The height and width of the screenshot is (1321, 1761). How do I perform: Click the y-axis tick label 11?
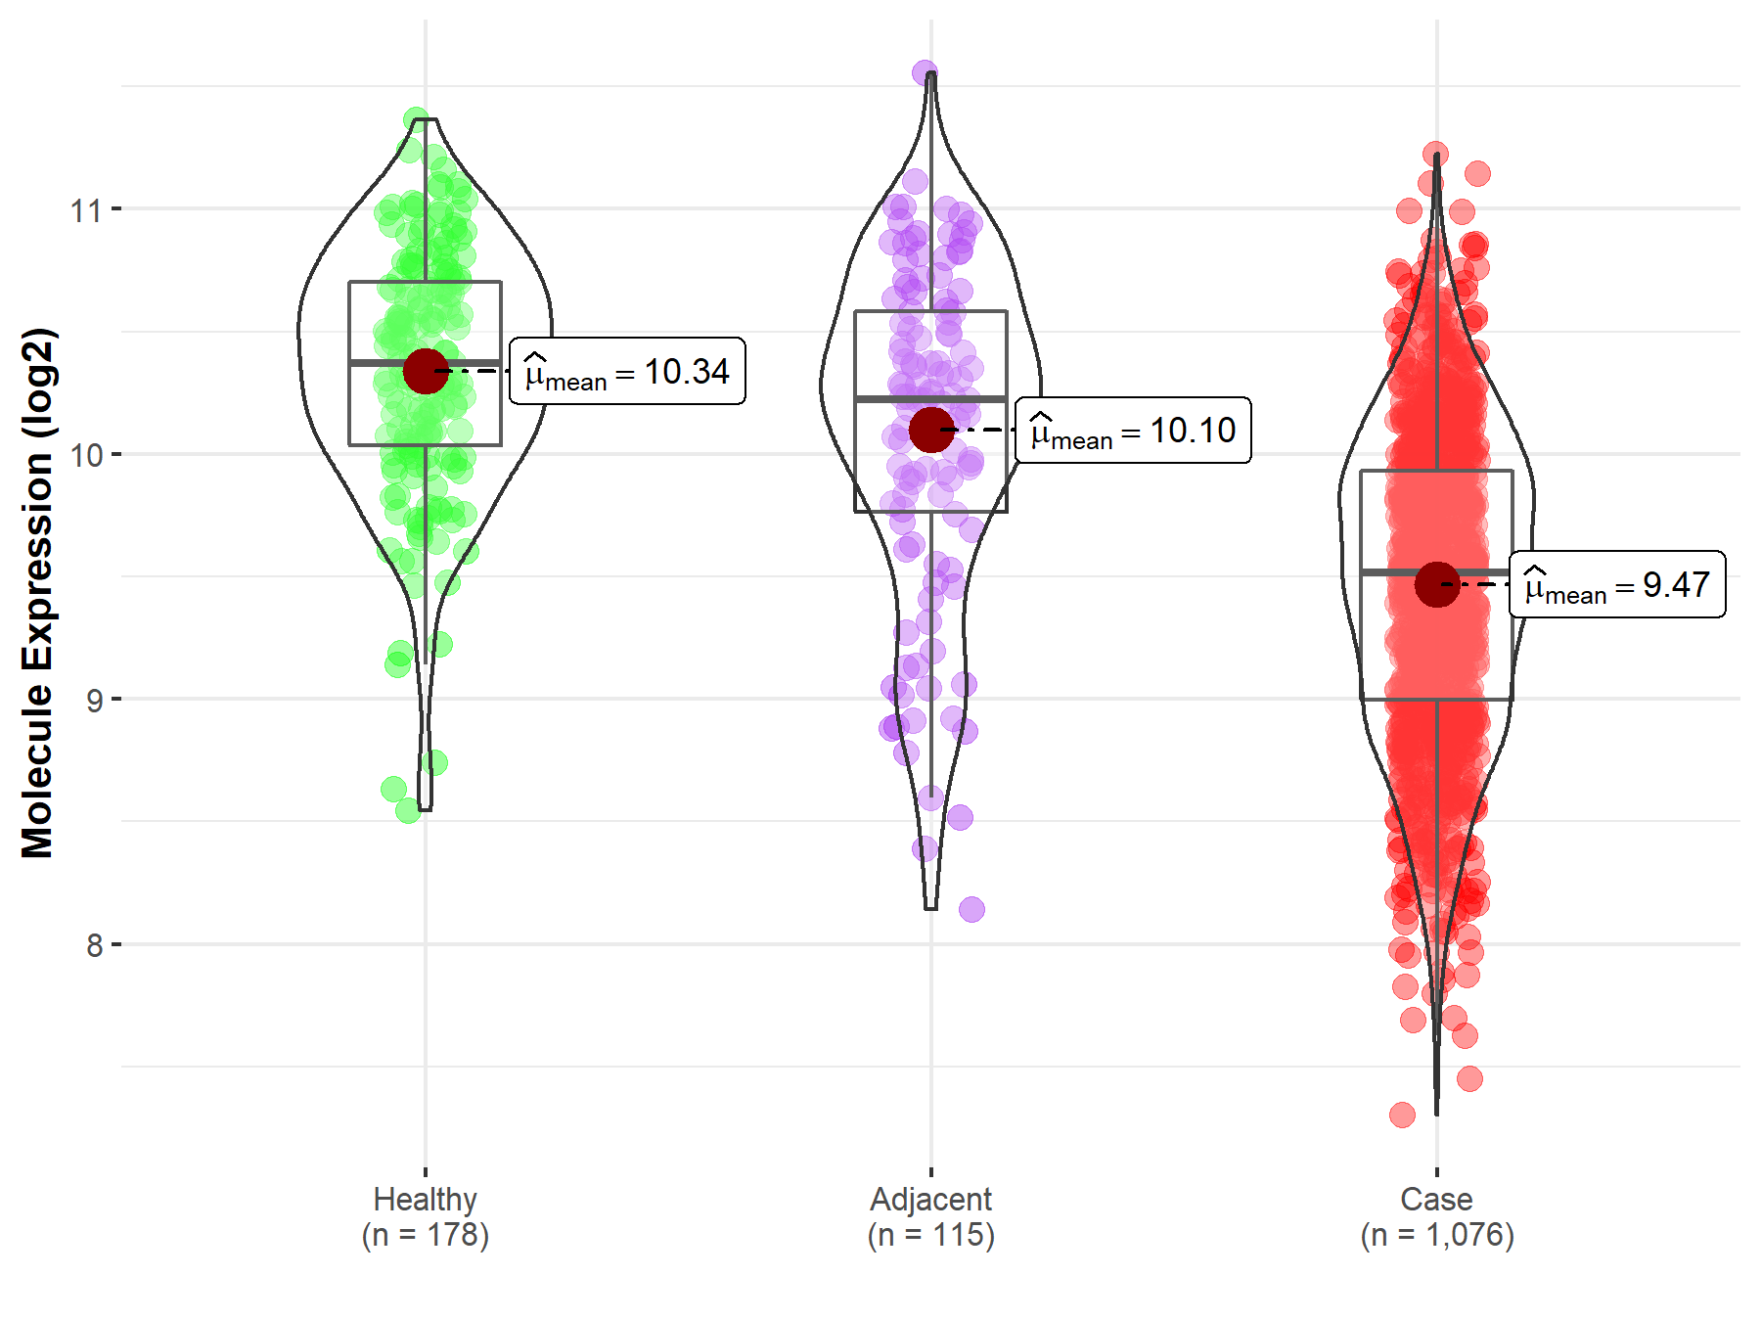coord(85,210)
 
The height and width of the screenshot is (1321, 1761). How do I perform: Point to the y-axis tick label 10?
coord(85,455)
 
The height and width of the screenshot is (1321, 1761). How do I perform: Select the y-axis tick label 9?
coord(94,701)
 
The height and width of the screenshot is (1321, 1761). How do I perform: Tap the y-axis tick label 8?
coord(94,946)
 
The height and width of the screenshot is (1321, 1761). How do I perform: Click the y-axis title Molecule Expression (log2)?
coord(37,593)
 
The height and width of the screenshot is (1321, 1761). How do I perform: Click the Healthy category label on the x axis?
coord(425,1199)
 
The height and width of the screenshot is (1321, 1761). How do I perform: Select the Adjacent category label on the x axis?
coord(930,1199)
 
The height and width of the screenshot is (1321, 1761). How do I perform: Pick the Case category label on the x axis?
coord(1436,1199)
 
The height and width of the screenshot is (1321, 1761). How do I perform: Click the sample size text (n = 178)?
coord(425,1235)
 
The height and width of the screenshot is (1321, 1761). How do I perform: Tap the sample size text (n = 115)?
coord(930,1235)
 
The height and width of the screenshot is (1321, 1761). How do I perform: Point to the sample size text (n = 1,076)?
coord(1436,1235)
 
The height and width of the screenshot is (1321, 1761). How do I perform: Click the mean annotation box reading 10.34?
coord(627,372)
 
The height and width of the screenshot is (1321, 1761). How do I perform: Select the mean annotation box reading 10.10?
coord(1133,431)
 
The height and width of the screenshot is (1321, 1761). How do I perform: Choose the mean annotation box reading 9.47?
coord(1617,585)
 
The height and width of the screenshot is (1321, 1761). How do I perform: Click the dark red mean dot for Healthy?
coord(426,371)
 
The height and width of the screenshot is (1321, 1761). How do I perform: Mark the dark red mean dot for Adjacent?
coord(931,430)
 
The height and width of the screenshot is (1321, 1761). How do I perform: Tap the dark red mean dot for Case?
coord(1437,584)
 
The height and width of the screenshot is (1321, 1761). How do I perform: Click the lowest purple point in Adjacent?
coord(971,910)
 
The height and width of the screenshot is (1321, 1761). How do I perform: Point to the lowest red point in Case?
coord(1402,1115)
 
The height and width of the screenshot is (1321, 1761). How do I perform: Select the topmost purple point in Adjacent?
coord(925,72)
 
